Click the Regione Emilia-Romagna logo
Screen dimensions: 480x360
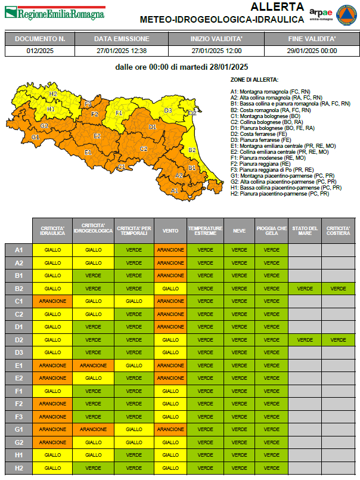[x=54, y=13]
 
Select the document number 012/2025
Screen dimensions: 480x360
[x=40, y=51]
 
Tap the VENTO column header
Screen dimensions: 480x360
[x=170, y=230]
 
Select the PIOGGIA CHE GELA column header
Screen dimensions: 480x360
[x=271, y=230]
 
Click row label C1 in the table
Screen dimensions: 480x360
[x=19, y=301]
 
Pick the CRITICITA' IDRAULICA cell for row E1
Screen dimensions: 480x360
[x=52, y=366]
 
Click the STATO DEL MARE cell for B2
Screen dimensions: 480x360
[x=305, y=288]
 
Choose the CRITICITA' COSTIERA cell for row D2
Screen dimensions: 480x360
[x=339, y=339]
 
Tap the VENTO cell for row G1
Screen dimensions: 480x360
[x=170, y=429]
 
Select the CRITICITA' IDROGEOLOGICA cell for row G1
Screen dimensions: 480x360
[x=94, y=429]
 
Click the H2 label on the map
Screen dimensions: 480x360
[x=53, y=94]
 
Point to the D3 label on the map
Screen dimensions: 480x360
[x=168, y=110]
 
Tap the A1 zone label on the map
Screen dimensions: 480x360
[x=175, y=191]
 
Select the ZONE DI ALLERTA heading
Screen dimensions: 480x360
[x=255, y=79]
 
